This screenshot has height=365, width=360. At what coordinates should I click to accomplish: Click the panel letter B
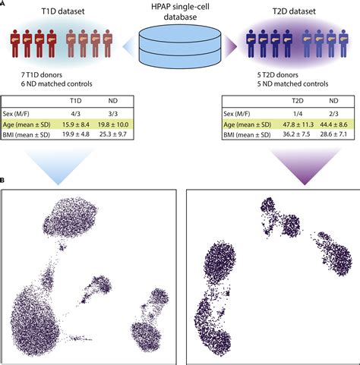4,180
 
